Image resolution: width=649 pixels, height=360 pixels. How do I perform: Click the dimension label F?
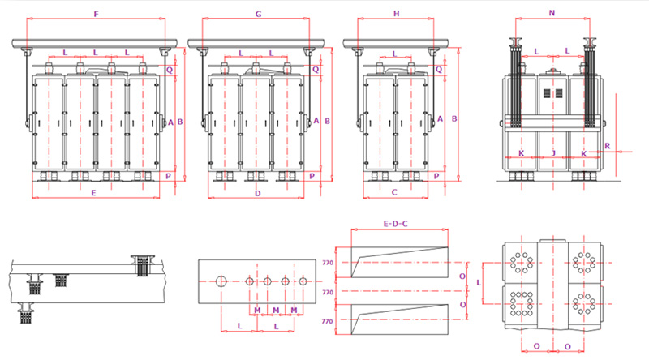97,14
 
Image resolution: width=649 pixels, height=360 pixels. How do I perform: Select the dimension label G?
257,14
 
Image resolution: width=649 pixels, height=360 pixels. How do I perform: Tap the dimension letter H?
396,14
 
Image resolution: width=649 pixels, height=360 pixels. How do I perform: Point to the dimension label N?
552,14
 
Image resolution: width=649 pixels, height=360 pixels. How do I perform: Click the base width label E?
94,193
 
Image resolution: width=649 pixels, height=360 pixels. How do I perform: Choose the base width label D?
257,193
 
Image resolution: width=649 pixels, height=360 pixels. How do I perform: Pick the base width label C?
394,193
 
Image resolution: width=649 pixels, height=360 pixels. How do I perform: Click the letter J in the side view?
552,152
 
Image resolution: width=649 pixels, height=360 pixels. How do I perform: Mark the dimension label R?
608,148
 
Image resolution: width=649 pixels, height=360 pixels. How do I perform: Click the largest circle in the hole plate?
221,281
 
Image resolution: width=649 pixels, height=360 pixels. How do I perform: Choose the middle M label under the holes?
276,311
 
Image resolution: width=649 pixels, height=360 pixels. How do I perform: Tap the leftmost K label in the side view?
521,152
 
